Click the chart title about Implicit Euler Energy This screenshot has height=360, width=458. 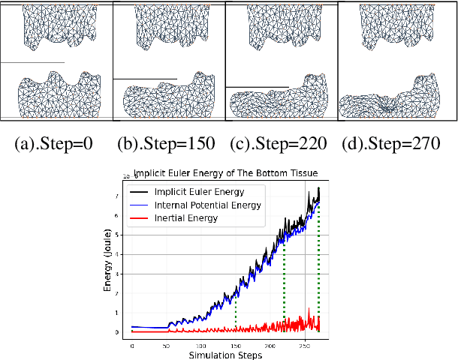point(226,171)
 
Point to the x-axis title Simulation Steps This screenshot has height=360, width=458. point(226,355)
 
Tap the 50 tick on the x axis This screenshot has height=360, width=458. point(167,346)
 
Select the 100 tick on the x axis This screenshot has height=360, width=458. point(201,346)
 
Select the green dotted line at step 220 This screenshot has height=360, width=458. point(284,285)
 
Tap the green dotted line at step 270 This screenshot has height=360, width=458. point(319,262)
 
